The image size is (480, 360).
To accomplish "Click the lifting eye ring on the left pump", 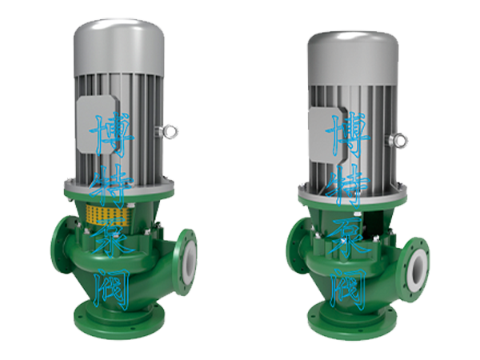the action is click(171, 132).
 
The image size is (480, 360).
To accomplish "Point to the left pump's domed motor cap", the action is click(118, 46).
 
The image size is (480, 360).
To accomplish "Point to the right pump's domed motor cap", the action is click(353, 58).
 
